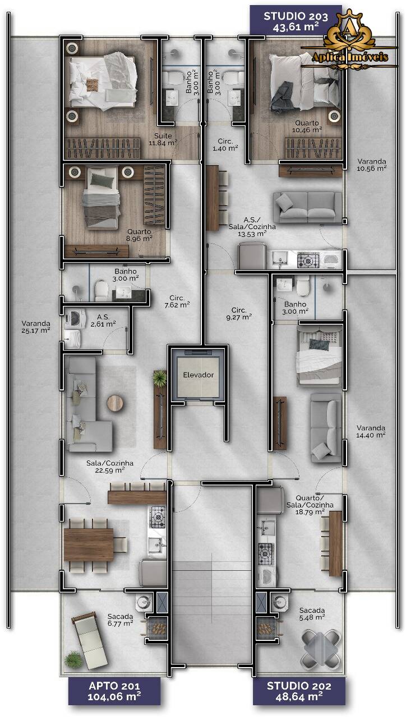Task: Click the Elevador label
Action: (198, 375)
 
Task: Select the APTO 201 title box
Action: (114, 691)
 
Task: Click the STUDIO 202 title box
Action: (299, 691)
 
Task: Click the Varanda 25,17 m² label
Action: (36, 327)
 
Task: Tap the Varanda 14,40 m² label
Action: (371, 431)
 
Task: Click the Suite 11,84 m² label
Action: (163, 139)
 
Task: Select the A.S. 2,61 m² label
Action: (103, 320)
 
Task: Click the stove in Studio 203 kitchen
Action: (308, 260)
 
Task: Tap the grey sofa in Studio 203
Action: (307, 207)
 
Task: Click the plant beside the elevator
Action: (160, 379)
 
